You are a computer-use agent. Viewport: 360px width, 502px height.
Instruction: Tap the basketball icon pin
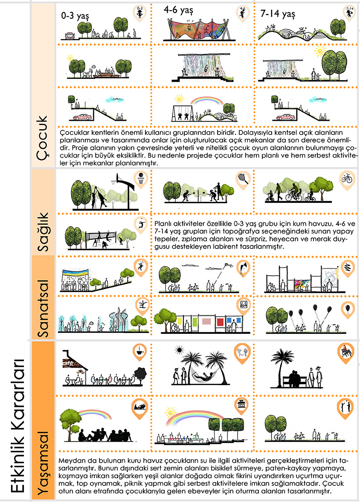click(x=139, y=178)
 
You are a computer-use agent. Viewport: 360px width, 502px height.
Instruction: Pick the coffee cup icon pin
click(x=139, y=351)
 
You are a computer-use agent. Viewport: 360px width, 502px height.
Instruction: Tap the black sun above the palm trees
click(x=179, y=350)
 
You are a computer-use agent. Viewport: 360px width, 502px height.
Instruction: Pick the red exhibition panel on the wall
click(x=221, y=321)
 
